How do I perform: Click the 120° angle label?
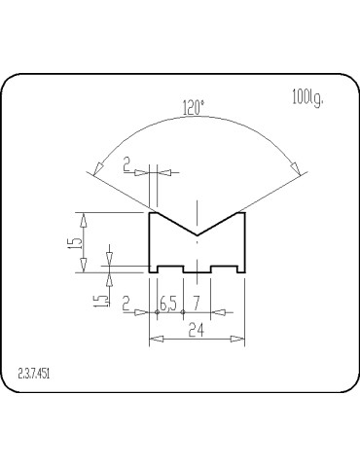(194, 108)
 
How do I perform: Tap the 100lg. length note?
(307, 97)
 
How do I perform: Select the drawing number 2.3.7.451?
(34, 374)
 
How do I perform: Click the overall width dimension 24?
(197, 331)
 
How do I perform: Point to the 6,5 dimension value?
(168, 304)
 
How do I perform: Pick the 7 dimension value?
(197, 304)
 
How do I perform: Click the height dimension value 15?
(75, 242)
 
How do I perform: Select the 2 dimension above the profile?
(126, 165)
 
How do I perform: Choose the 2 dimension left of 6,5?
(126, 305)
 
